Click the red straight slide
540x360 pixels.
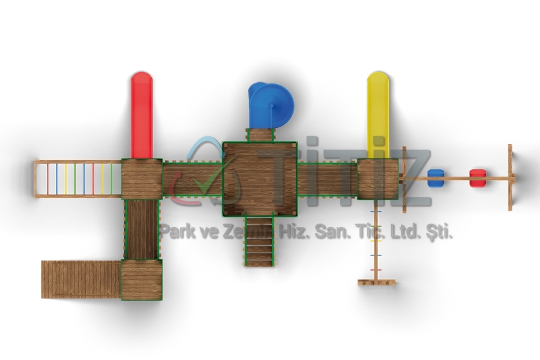142,115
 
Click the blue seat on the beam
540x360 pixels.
436,178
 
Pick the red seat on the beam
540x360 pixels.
478,178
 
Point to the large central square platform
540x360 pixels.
260,179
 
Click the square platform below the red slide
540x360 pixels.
142,179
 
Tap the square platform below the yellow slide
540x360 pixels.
378,179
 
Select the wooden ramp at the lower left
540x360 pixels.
81,280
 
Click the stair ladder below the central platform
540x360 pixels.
260,240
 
